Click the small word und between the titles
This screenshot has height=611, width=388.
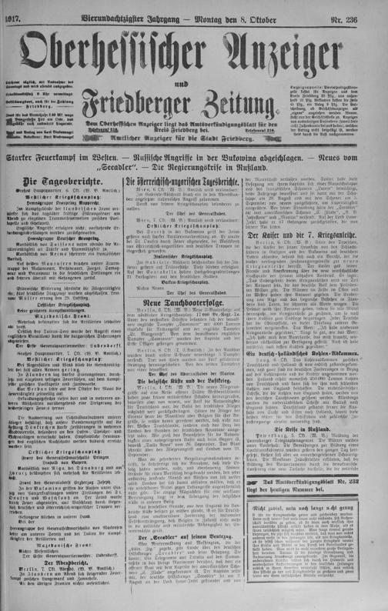[192, 72]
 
